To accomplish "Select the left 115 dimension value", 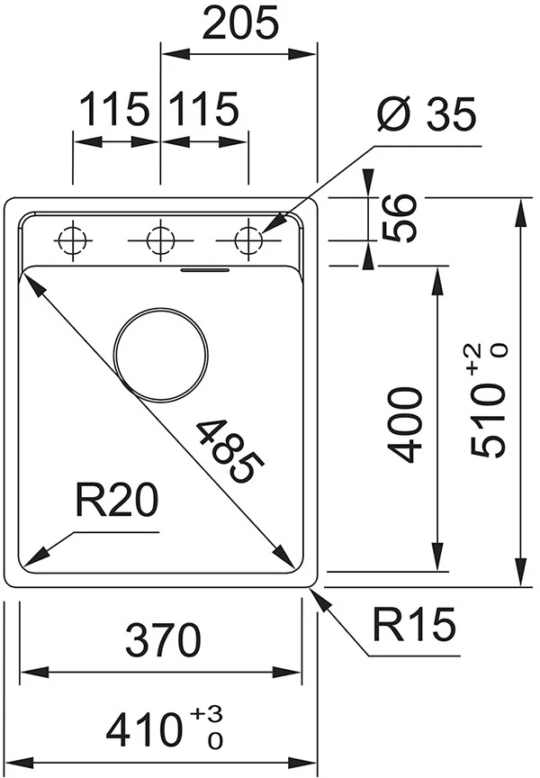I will pos(115,110).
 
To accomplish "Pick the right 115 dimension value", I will pos(204,110).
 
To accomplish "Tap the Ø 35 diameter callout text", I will pos(427,116).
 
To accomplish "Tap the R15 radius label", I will pos(415,626).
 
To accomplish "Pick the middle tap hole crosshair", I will pos(159,240).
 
